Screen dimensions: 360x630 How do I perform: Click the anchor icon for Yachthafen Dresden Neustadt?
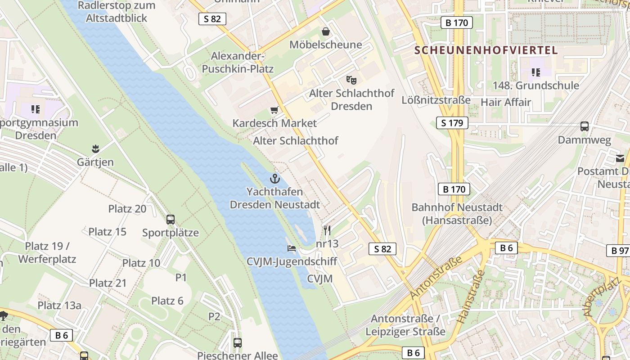274,179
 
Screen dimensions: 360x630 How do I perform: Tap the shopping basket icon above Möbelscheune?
325,31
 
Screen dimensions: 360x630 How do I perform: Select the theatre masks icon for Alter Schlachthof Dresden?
351,80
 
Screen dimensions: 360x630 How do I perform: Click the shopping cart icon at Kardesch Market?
274,110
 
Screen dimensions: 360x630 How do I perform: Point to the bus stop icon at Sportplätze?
171,220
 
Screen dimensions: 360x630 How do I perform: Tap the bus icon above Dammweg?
585,126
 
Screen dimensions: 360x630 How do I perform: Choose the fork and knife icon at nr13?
327,230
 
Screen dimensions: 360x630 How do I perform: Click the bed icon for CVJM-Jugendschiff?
292,248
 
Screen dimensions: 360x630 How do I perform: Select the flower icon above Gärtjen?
95,148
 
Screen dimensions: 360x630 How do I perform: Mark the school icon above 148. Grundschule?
535,72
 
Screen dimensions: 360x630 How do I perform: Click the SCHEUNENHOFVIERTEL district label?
486,50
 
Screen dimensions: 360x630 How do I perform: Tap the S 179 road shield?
452,123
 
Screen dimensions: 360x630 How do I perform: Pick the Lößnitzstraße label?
436,100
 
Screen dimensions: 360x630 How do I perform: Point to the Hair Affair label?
506,102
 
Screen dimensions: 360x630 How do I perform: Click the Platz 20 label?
127,209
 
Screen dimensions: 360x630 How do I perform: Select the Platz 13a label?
59,306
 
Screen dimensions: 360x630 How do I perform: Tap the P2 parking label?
214,317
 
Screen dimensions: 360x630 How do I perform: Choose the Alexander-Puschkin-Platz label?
238,63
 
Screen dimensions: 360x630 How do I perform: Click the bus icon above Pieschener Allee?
238,343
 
